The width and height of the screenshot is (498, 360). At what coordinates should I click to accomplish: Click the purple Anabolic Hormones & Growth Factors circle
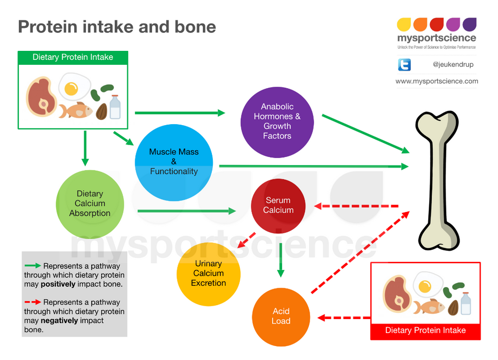click(x=277, y=121)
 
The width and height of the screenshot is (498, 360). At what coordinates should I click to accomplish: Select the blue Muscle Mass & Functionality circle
click(x=174, y=162)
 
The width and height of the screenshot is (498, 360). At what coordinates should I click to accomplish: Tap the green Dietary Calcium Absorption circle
click(x=90, y=203)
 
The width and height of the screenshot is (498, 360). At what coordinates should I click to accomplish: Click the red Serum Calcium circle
click(x=278, y=205)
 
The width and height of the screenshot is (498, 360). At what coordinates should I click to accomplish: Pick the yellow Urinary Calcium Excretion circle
click(x=208, y=273)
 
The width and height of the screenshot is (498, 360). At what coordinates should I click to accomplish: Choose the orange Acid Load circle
click(x=281, y=316)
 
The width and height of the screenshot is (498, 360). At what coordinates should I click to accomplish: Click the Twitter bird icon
click(x=404, y=64)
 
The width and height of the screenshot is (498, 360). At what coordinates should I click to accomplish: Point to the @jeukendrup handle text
click(x=453, y=64)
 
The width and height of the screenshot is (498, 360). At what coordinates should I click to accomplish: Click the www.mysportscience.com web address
click(x=437, y=81)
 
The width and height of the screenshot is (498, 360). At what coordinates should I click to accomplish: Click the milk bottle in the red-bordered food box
click(x=466, y=303)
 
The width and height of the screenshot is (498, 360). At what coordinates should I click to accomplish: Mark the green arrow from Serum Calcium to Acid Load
click(x=281, y=260)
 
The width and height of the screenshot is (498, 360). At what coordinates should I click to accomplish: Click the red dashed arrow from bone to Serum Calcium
click(x=356, y=205)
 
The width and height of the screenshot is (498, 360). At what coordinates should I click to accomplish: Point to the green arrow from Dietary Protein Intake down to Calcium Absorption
click(x=85, y=148)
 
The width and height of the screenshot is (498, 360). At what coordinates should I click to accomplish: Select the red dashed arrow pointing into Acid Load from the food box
click(x=344, y=317)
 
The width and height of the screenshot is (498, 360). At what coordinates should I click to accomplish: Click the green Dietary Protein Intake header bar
click(x=73, y=57)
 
